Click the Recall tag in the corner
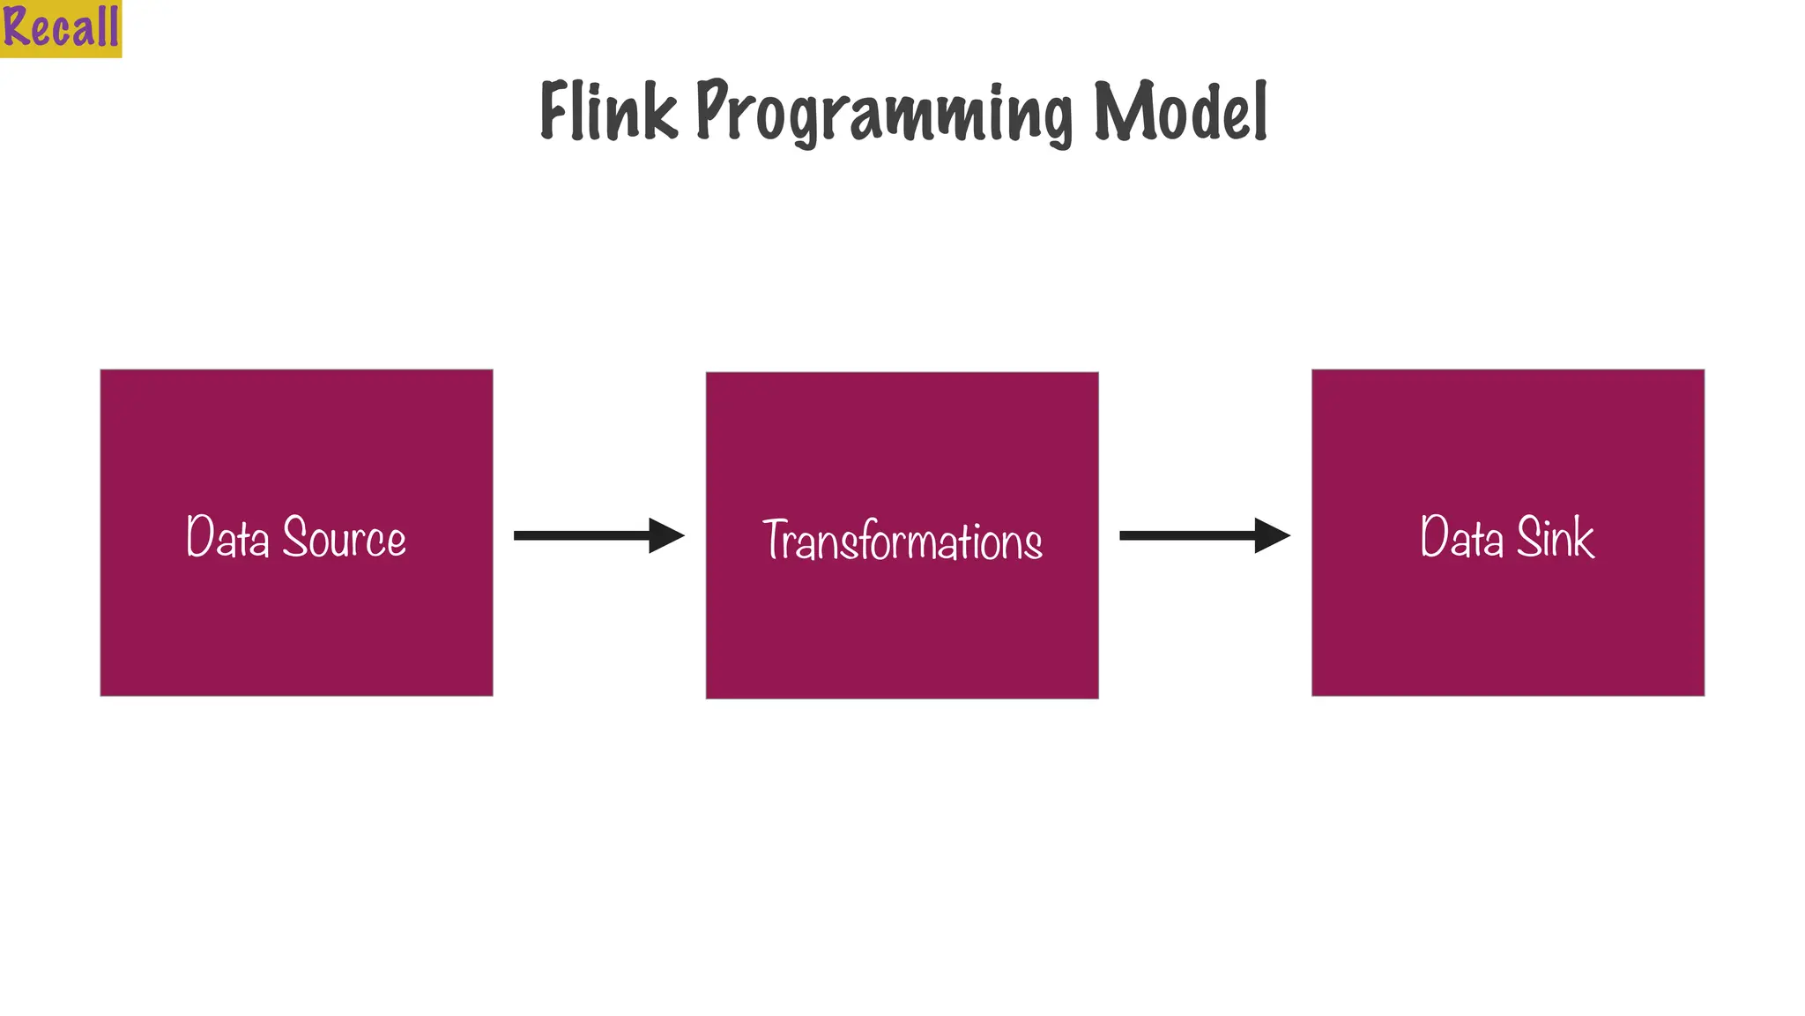60,28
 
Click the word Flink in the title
608,111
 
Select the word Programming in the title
884,113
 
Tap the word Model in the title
1180,111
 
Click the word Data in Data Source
227,537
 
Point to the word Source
344,537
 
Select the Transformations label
902,541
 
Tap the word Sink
1555,537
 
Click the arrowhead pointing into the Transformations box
665,535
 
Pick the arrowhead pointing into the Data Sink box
1271,535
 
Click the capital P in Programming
711,109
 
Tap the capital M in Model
1119,111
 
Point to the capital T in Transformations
776,539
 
